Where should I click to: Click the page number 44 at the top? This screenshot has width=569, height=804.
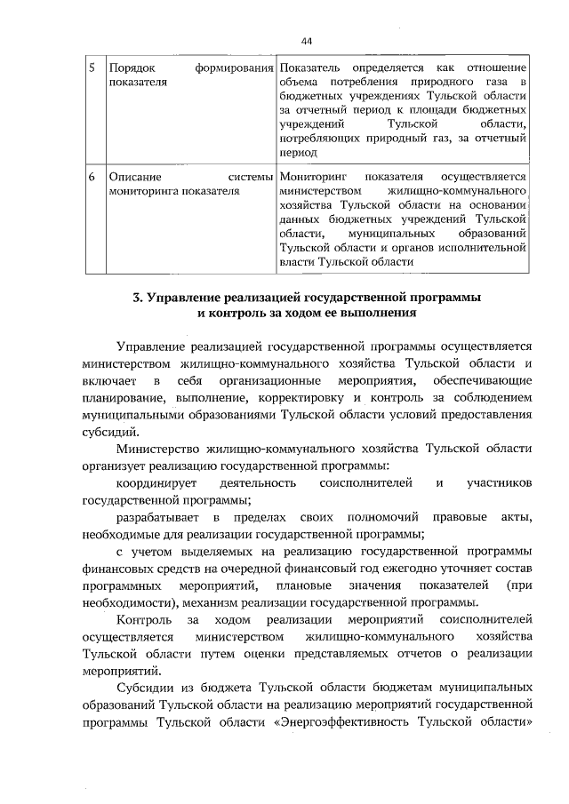pyautogui.click(x=307, y=41)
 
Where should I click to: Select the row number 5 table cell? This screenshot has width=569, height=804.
pyautogui.click(x=92, y=68)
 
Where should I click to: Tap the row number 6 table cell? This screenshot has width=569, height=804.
pyautogui.click(x=92, y=177)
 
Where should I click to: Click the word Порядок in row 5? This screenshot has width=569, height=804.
pyautogui.click(x=132, y=68)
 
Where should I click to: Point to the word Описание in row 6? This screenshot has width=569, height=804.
pyautogui.click(x=133, y=177)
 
